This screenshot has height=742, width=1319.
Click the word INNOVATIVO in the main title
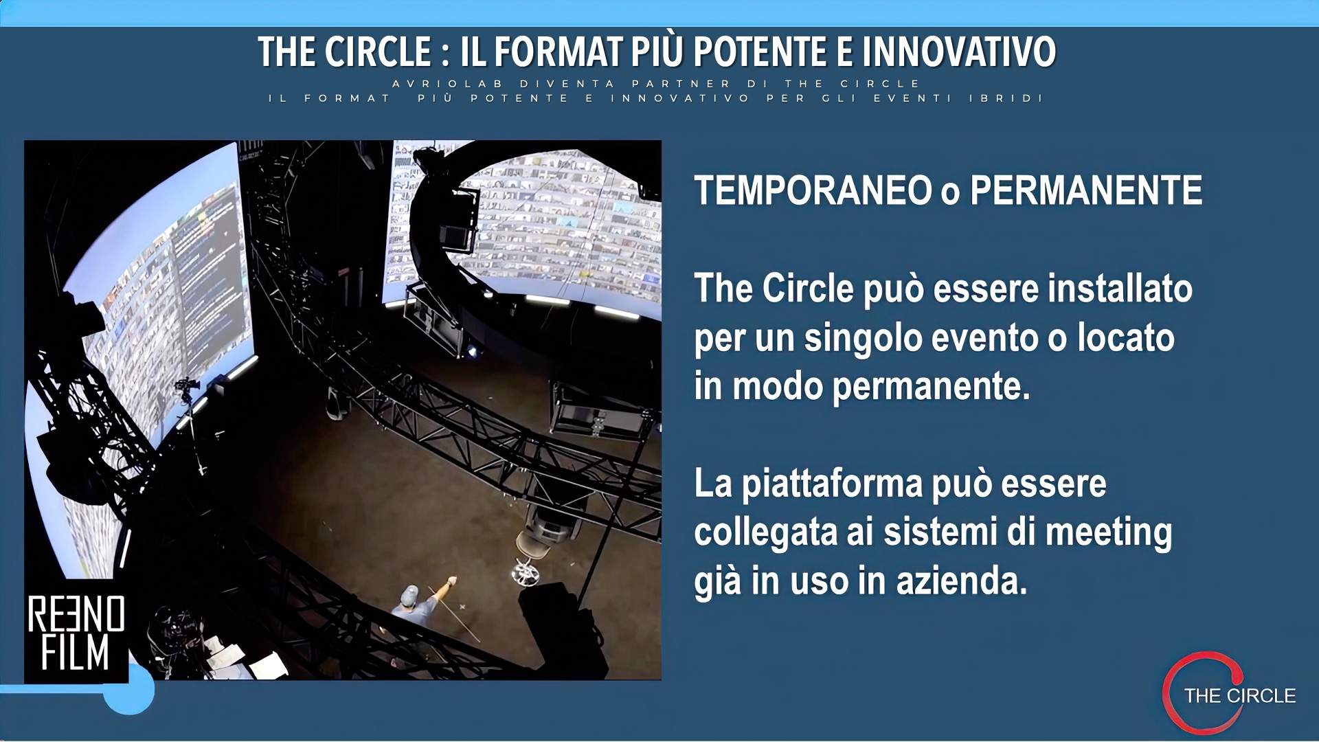959,52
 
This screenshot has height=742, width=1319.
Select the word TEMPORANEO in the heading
813,190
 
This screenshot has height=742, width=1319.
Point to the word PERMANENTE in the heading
1086,190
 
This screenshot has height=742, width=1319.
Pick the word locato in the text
1126,337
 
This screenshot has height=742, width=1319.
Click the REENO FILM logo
76,633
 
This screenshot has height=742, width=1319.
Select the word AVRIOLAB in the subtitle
448,84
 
